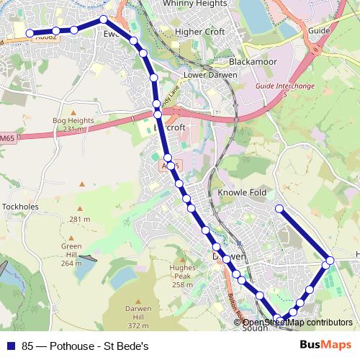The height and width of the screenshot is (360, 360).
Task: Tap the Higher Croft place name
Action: (x=200, y=32)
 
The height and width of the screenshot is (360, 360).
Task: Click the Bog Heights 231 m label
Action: (x=69, y=125)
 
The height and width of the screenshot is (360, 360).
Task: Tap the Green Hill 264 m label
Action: (x=71, y=255)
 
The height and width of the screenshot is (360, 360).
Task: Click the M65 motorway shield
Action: (x=7, y=138)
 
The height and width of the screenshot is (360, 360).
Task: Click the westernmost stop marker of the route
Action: (x=30, y=33)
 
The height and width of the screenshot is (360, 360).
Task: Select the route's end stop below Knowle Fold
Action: (x=279, y=209)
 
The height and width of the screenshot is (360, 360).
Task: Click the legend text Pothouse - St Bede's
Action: (x=85, y=346)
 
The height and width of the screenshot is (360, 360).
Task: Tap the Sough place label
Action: (x=255, y=328)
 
